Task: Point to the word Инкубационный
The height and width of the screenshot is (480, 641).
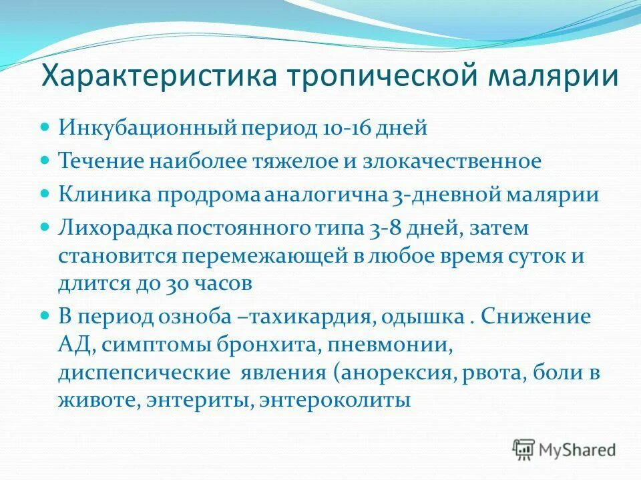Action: pos(138,127)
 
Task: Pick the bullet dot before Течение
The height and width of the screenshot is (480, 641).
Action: pos(45,160)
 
